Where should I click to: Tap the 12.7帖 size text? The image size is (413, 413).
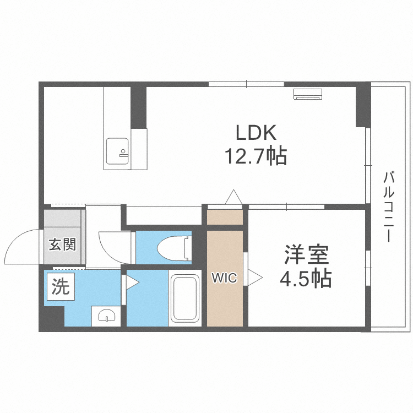255,157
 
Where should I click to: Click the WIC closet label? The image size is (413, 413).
225,278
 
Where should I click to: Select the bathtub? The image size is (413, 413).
185,298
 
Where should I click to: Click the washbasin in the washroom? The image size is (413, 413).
106,315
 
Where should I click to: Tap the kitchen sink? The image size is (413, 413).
117,151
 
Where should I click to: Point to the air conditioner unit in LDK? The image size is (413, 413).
307,94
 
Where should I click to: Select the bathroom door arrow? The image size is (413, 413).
132,282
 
